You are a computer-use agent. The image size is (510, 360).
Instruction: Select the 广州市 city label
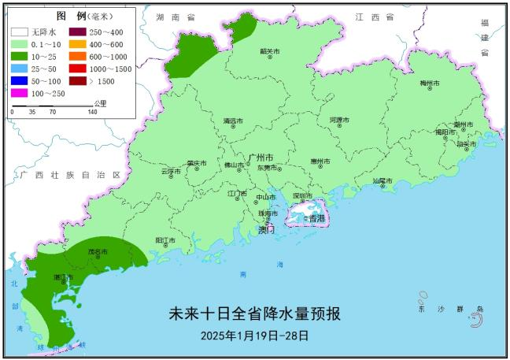click(261, 158)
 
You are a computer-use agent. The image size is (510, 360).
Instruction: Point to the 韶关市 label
click(270, 52)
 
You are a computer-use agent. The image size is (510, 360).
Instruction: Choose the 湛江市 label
click(64, 277)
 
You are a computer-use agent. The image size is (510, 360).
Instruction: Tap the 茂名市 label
click(98, 252)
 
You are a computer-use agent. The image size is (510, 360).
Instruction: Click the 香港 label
click(315, 217)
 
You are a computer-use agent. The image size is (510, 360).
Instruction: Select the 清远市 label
click(233, 122)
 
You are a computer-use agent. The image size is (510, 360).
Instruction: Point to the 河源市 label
click(338, 121)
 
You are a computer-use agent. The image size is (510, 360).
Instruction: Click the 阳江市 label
click(165, 239)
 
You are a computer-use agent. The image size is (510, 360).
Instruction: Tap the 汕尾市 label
click(382, 181)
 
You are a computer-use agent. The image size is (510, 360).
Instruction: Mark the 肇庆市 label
click(196, 164)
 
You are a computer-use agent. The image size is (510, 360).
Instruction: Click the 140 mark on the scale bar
click(92, 112)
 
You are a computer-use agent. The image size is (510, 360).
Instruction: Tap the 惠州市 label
click(320, 161)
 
